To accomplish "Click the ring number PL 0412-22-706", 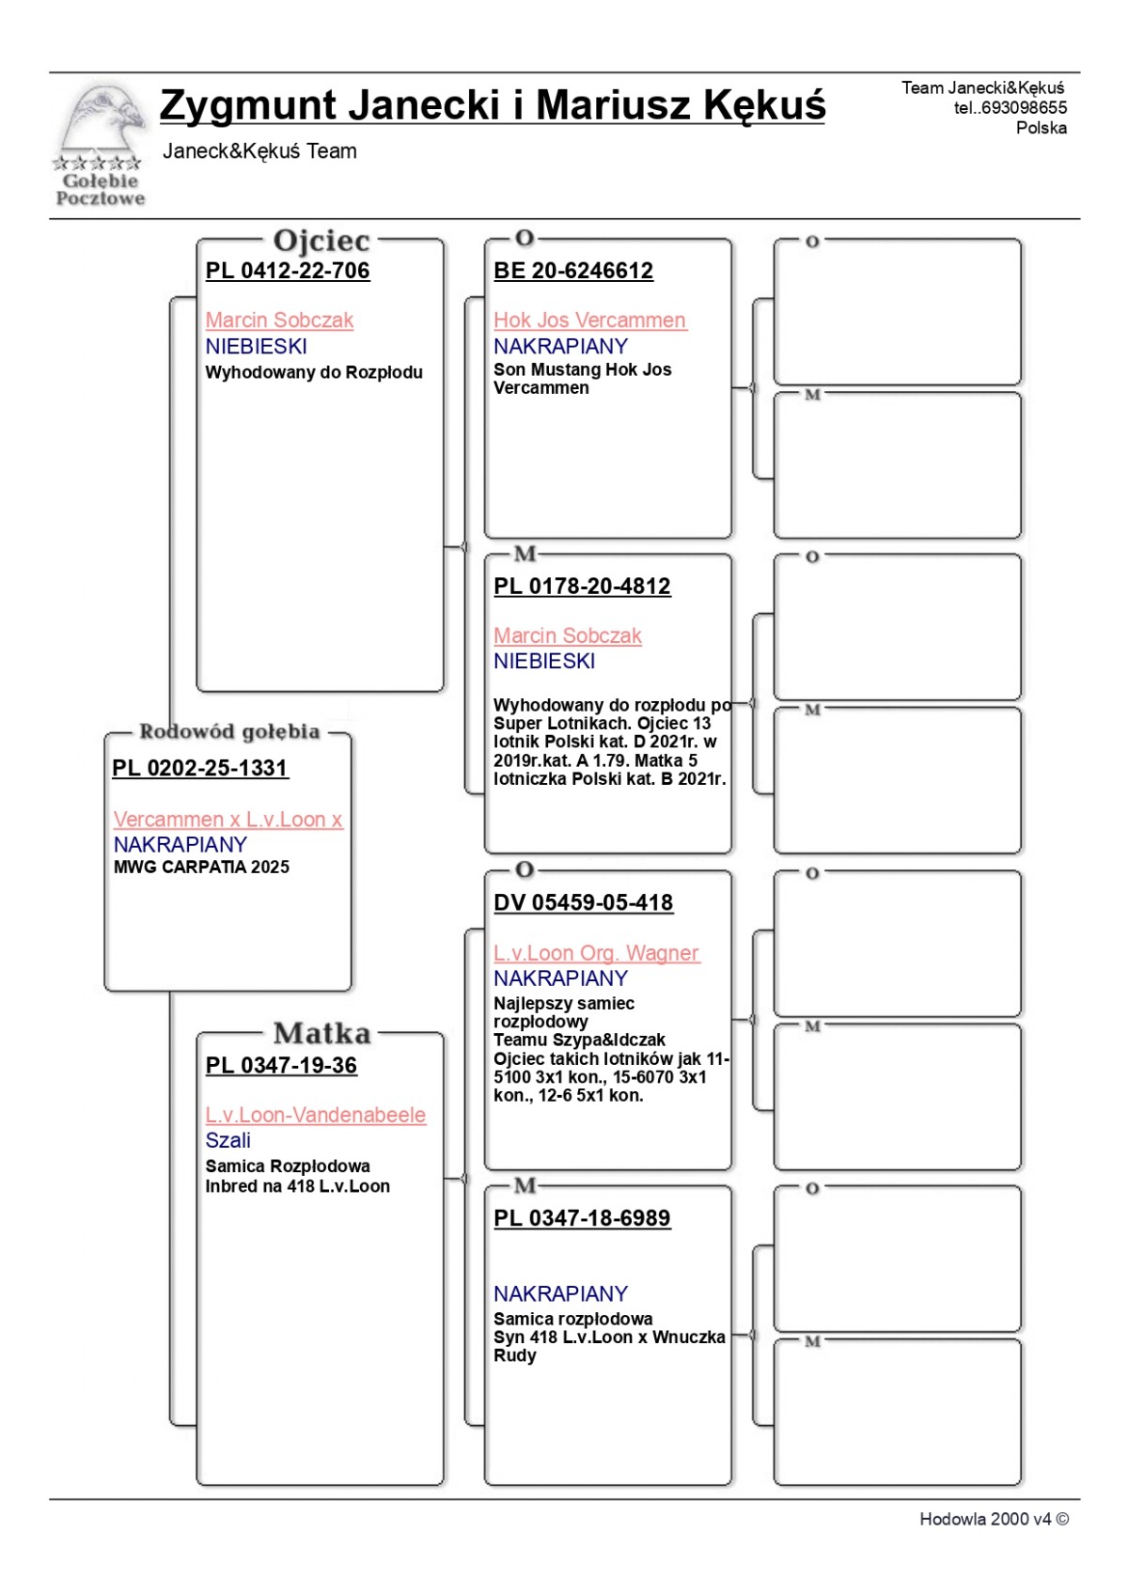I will click(288, 271).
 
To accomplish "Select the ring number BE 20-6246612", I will click(573, 271).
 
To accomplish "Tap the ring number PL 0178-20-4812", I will click(582, 587).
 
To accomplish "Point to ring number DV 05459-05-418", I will click(583, 902).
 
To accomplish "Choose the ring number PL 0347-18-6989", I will click(582, 1218).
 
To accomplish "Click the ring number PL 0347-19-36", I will click(281, 1065).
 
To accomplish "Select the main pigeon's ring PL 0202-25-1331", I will click(199, 768).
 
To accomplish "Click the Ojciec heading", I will click(321, 241).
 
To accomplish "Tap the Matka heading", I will click(321, 1034).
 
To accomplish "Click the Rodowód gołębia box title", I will click(229, 731).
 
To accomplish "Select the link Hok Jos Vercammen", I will click(589, 321).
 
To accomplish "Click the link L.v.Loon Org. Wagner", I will click(596, 953).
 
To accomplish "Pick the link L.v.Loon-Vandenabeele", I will click(315, 1115).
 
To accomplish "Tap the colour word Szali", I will click(227, 1140).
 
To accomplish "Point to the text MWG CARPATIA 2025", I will click(201, 867).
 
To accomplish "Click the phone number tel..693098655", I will click(1010, 108).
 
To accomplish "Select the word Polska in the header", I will click(1041, 128).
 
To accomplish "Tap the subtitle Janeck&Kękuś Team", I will click(259, 151).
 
